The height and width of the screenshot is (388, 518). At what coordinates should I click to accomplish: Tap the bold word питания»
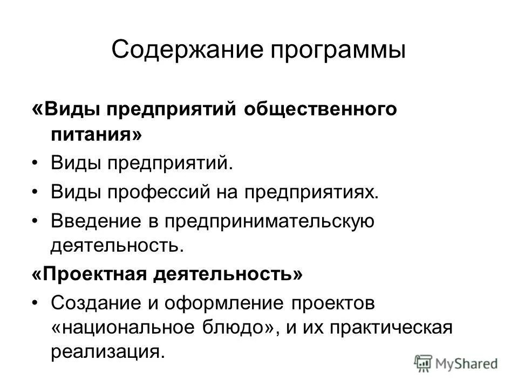pos(97,135)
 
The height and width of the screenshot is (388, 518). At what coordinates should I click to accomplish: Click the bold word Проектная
pos(97,275)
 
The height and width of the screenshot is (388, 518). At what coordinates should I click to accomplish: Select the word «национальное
pos(127,328)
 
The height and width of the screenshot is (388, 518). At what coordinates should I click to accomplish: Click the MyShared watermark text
pos(467,364)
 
